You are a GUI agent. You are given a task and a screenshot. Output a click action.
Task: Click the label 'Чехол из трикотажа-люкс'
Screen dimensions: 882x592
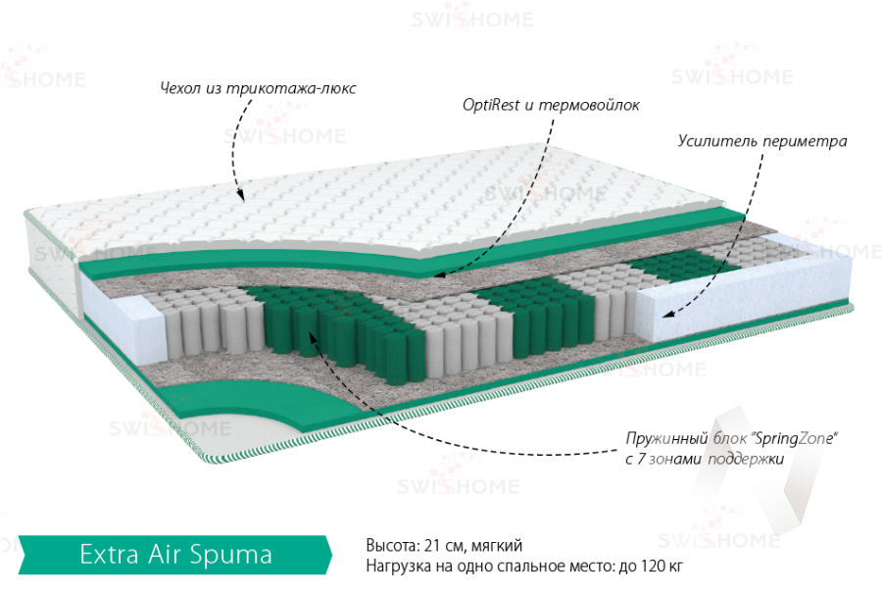[x=257, y=88]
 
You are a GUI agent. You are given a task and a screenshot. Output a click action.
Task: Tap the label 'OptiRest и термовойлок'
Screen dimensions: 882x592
[x=551, y=106]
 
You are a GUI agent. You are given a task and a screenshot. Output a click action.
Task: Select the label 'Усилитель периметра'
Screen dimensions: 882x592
[x=761, y=140]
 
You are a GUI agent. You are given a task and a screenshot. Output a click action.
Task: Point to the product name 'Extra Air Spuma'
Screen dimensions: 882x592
[x=175, y=555]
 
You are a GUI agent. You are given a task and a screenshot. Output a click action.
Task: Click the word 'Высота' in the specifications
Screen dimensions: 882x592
[x=390, y=546]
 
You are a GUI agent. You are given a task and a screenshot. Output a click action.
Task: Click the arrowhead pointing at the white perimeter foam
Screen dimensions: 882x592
[x=665, y=315]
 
